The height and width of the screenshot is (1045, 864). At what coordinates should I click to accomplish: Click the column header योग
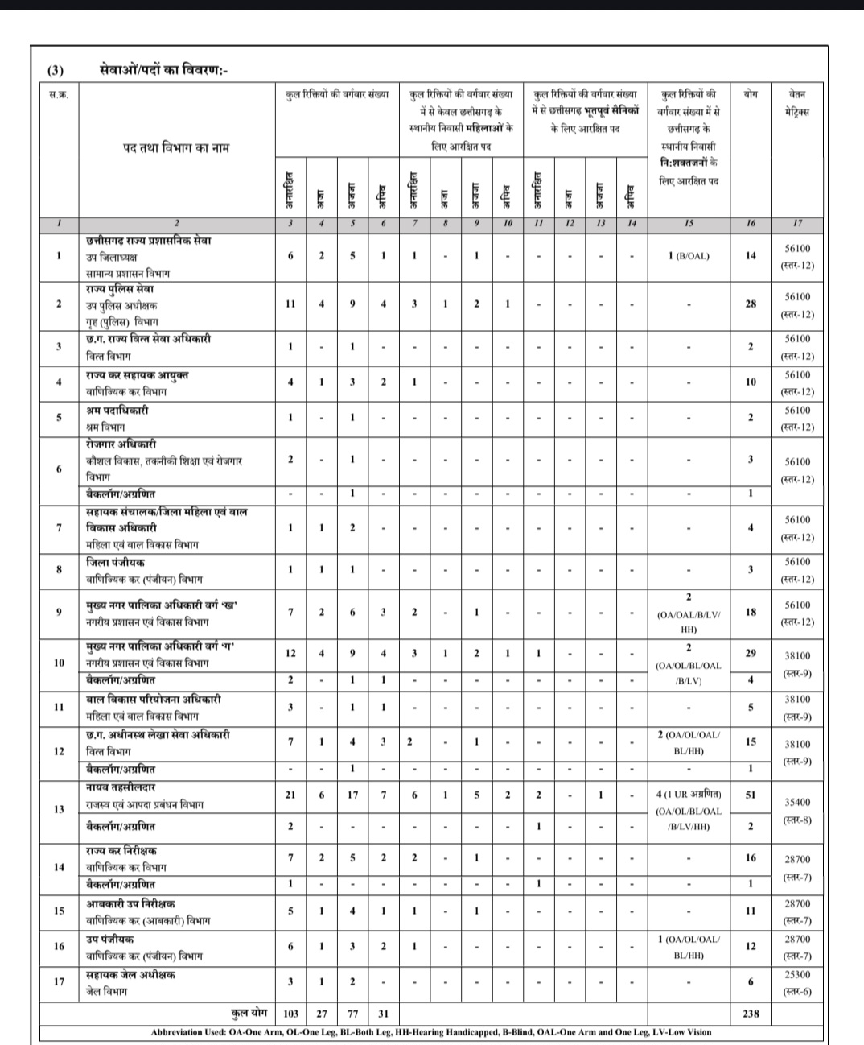[750, 94]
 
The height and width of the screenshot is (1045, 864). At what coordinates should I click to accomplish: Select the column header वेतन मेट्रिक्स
[797, 102]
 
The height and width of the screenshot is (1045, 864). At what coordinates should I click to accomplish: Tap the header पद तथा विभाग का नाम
[176, 147]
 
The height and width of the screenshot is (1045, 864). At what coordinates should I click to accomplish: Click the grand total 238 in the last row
[750, 1014]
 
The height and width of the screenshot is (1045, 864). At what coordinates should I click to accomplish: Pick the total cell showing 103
[290, 1014]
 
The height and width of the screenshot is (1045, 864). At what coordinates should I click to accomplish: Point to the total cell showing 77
[352, 1014]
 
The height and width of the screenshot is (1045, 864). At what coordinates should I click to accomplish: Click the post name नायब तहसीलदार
[121, 787]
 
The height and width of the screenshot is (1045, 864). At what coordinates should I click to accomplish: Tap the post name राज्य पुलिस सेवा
[121, 289]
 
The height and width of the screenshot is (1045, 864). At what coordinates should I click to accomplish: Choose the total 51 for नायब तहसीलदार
[750, 795]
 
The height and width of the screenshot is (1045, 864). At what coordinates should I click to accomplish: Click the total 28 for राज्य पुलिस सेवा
[750, 304]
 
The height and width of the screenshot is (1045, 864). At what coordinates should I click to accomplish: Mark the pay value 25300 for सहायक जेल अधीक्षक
[797, 974]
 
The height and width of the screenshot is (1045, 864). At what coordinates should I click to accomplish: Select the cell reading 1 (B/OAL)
[689, 256]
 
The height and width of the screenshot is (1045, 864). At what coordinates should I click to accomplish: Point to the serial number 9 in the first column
[59, 612]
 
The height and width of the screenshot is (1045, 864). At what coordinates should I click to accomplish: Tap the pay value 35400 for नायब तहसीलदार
[797, 803]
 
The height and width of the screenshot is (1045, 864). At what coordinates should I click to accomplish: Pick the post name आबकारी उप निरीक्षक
[131, 904]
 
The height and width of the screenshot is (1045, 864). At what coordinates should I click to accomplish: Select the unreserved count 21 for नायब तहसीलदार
[290, 795]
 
